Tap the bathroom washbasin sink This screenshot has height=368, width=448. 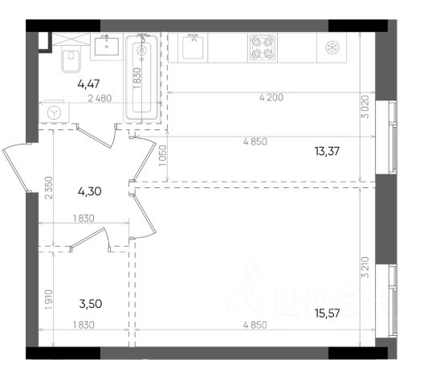click(x=107, y=47)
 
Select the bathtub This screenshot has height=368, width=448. click(x=142, y=77)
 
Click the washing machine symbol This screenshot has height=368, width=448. click(x=54, y=112)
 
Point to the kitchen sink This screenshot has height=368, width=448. click(x=193, y=47)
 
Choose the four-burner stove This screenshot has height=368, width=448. click(x=263, y=47)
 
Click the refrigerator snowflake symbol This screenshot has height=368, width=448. click(x=332, y=47)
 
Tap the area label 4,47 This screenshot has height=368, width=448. click(x=88, y=84)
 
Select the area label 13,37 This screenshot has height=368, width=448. click(x=327, y=151)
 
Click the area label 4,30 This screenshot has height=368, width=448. click(x=89, y=191)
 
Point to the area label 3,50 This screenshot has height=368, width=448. click(x=91, y=304)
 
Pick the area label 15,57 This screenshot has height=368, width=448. click(x=327, y=313)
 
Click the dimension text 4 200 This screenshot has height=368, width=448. click(x=271, y=98)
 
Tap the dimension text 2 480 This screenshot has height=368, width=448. click(x=100, y=98)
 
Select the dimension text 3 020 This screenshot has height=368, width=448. click(x=365, y=107)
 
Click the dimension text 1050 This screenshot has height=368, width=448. click(x=162, y=156)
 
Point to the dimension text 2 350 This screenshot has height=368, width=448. click(x=49, y=188)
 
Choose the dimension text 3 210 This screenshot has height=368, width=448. click(x=365, y=268)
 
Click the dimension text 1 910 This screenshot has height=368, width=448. click(x=49, y=300)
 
